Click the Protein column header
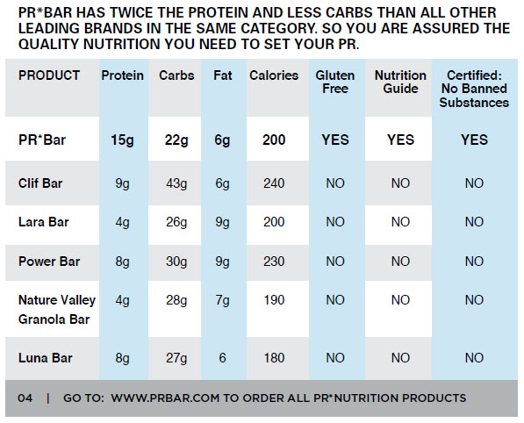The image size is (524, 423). [x=122, y=76]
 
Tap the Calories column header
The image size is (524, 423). [x=274, y=76]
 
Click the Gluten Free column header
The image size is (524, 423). [x=334, y=82]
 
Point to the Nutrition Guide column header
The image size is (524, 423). [x=400, y=82]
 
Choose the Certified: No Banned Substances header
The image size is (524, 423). [x=474, y=90]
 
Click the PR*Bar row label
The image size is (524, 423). [x=41, y=140]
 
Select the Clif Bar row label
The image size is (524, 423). [x=40, y=183]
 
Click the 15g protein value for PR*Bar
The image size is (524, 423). [x=122, y=140]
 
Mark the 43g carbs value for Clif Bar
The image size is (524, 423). [x=176, y=183]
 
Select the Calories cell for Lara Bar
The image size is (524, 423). [x=274, y=222]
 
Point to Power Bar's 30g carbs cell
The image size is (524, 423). [x=176, y=262]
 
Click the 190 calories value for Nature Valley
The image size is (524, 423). [x=274, y=300]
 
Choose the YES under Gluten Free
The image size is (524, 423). [x=334, y=140]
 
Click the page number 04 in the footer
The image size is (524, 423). [x=25, y=398]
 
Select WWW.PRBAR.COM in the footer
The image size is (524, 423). [x=166, y=398]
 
